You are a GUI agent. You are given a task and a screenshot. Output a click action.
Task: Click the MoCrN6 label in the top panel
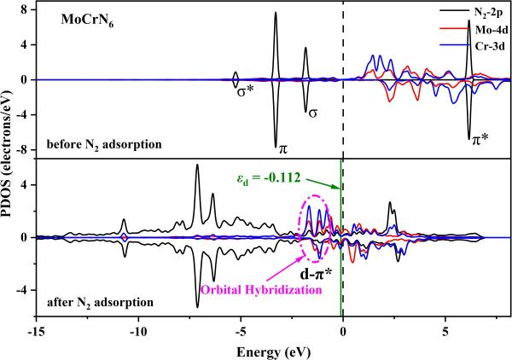pos(76,18)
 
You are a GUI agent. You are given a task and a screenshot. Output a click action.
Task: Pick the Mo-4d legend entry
pos(474,30)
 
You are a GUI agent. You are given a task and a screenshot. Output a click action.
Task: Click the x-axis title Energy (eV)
pos(274,351)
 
